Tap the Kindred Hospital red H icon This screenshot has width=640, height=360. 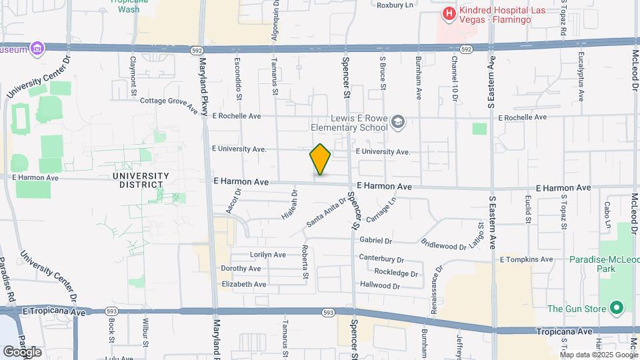point(449,13)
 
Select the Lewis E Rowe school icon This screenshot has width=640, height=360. point(398,121)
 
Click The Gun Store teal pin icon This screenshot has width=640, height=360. point(617,308)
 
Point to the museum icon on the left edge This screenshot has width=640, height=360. point(37,49)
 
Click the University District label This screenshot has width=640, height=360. point(141,180)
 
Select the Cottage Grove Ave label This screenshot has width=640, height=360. point(169,101)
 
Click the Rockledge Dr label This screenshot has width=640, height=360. point(396,273)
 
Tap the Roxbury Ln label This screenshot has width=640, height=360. point(395,5)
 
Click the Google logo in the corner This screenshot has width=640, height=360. point(22,351)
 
